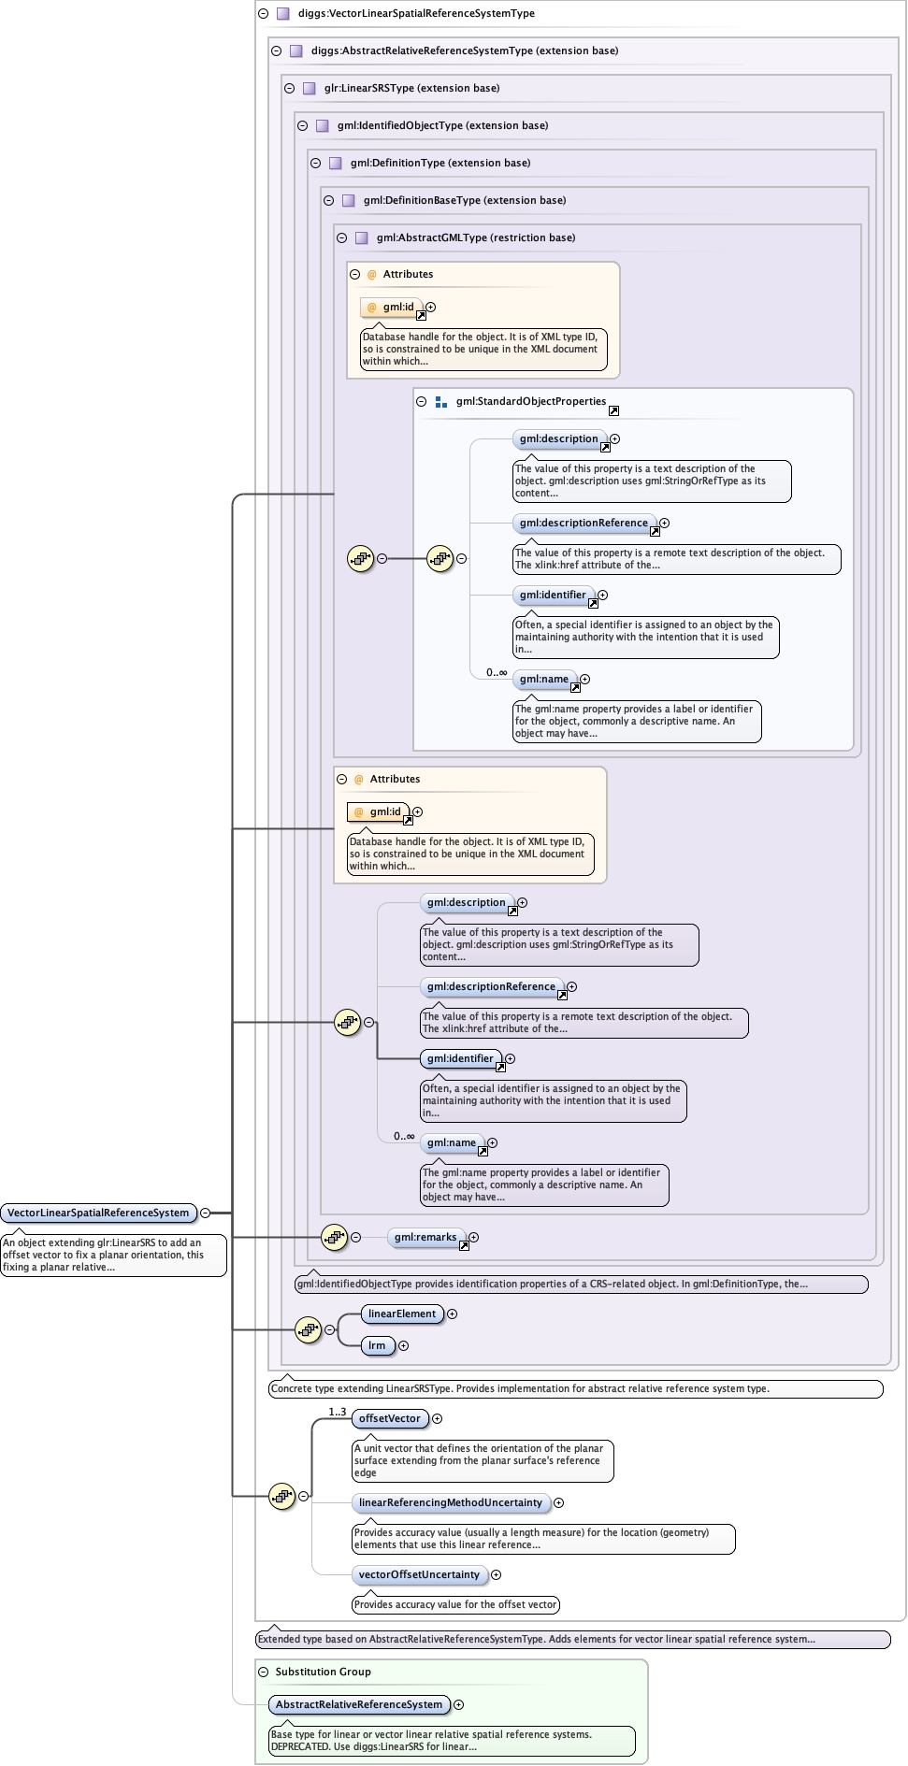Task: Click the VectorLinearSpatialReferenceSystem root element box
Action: coord(98,1213)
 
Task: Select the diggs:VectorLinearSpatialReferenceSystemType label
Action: coord(416,13)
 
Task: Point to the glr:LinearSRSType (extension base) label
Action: coord(411,88)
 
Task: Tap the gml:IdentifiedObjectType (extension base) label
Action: coord(442,125)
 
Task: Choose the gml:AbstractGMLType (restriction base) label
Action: coord(475,237)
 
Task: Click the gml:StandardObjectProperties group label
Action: coord(530,401)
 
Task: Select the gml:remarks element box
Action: coord(425,1237)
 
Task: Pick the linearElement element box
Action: coord(402,1314)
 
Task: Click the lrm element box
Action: coord(377,1345)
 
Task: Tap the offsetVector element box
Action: coord(390,1418)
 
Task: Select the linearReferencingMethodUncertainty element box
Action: coord(450,1502)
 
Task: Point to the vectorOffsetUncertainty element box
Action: coord(419,1574)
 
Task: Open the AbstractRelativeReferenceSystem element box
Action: coord(358,1704)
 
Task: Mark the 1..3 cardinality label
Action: coord(337,1412)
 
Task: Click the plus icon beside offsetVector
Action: coord(437,1418)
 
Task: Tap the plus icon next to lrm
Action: coord(403,1345)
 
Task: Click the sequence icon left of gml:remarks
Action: coord(334,1237)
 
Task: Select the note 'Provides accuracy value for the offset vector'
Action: coord(455,1604)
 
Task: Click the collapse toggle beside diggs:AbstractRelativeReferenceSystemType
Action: coord(276,50)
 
